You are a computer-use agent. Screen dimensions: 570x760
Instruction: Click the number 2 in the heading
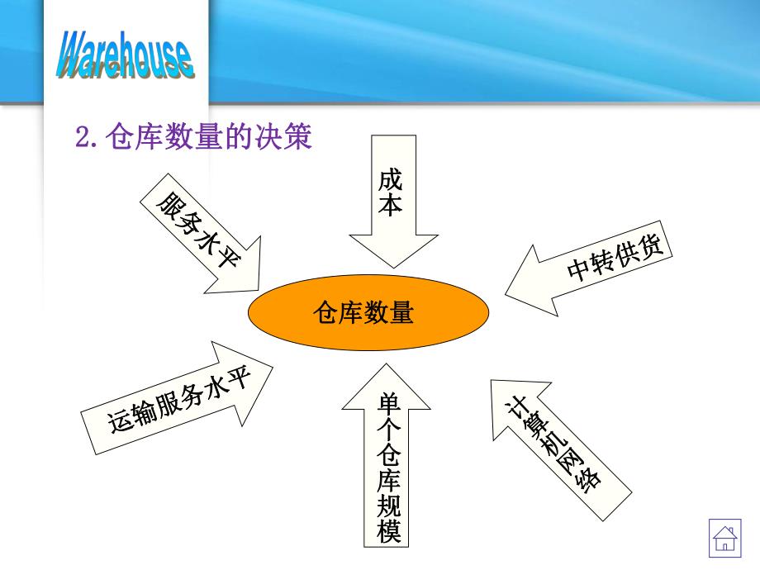tap(82, 138)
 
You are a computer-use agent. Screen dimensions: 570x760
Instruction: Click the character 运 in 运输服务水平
tap(121, 423)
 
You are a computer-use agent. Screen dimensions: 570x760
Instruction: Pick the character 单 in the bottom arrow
tap(389, 404)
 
